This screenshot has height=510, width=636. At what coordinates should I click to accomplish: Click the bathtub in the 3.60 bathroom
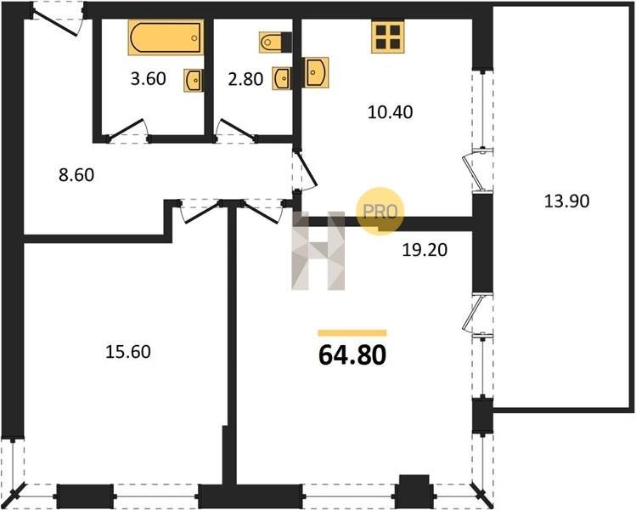(x=166, y=37)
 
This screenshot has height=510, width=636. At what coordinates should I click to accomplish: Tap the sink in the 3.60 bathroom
(x=194, y=80)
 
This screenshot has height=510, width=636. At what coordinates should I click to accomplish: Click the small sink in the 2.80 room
(x=282, y=77)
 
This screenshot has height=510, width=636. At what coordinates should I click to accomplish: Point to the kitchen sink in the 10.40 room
(x=316, y=72)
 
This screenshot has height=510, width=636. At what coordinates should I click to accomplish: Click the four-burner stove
(x=388, y=37)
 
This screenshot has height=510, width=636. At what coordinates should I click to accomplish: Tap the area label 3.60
(x=149, y=78)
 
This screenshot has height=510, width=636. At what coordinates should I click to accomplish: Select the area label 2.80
(x=245, y=79)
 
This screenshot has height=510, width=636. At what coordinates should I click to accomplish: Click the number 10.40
(x=391, y=112)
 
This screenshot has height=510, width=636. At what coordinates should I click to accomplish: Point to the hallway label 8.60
(x=76, y=175)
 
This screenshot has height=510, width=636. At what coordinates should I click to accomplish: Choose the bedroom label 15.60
(x=128, y=352)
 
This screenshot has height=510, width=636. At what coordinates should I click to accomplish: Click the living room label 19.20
(x=425, y=250)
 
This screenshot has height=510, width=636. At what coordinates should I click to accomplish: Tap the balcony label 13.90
(x=566, y=201)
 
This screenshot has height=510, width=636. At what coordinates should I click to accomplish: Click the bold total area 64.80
(x=352, y=355)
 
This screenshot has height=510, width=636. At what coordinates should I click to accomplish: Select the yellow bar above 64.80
(x=352, y=333)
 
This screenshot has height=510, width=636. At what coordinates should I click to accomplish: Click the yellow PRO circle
(x=380, y=211)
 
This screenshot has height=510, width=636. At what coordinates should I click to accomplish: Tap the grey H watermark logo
(x=318, y=251)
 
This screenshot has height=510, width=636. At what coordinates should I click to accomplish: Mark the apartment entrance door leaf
(x=55, y=24)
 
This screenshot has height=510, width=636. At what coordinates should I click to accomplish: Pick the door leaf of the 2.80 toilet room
(x=237, y=129)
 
